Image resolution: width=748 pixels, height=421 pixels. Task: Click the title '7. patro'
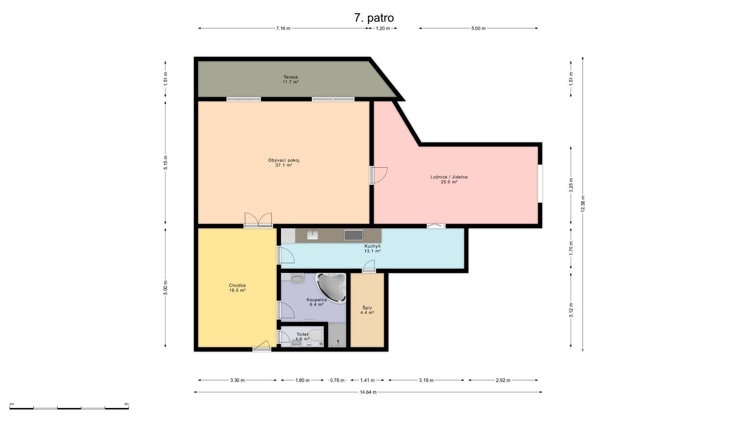coord(374,18)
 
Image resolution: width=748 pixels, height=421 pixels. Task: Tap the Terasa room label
coord(291,80)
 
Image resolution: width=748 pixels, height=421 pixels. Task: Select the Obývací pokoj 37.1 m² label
coord(284,163)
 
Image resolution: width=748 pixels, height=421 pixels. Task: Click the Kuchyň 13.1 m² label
coord(372,249)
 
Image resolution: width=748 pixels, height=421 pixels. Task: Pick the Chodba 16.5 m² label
coord(237,288)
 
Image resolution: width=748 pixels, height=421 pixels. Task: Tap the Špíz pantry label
coord(367,310)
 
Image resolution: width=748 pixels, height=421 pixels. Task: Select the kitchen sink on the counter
coord(312,234)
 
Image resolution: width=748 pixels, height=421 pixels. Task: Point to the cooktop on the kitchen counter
coord(353,235)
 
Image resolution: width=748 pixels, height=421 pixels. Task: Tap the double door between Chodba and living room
coord(258,220)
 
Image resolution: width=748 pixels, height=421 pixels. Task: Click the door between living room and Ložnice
coord(378,175)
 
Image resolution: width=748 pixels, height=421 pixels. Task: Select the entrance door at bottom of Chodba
coord(261,346)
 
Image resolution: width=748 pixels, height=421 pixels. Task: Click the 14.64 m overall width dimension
coord(368,392)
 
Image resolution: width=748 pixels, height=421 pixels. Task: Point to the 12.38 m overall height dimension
coord(583,204)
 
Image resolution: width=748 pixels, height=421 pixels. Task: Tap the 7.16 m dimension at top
coord(283,28)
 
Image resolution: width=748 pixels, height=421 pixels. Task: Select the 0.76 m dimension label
coord(337,380)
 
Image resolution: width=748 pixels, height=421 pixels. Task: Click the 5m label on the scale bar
coord(126,404)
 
